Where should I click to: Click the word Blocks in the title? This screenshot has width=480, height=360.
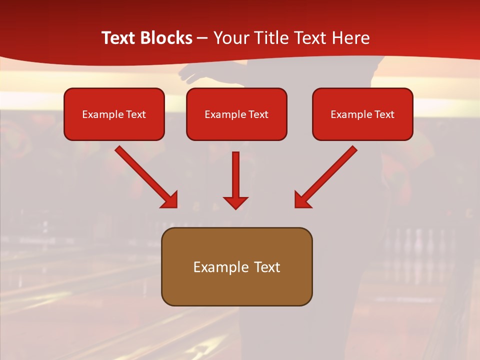(x=166, y=38)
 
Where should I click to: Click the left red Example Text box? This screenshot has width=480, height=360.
(x=114, y=114)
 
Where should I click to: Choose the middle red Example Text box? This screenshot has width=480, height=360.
(x=236, y=114)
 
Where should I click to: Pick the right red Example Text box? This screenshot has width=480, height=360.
(x=362, y=114)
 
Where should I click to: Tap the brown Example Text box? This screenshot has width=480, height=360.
(x=236, y=266)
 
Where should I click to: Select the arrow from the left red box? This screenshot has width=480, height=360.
(x=145, y=176)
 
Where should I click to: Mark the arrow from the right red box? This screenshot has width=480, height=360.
(x=326, y=176)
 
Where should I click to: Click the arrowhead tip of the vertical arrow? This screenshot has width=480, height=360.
(x=235, y=207)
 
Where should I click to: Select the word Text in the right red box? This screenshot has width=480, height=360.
(x=384, y=114)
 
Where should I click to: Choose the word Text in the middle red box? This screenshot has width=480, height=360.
(x=258, y=114)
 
